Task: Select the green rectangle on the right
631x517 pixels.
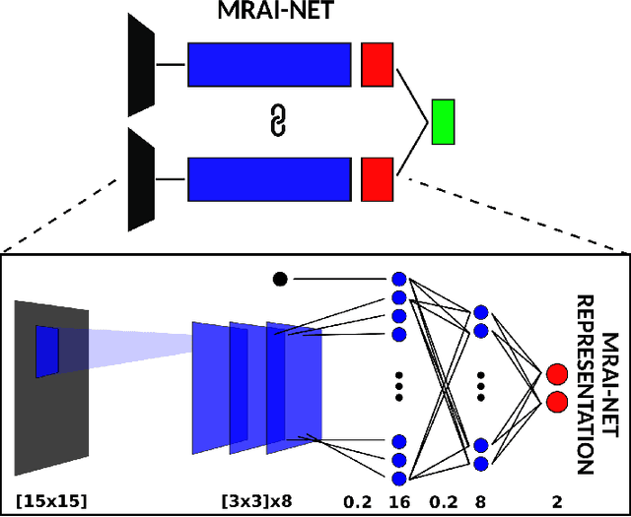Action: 443,122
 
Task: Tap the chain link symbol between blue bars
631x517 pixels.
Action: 277,122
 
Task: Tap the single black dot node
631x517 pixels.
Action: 280,280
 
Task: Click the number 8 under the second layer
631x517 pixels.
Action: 481,501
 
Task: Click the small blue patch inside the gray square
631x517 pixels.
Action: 47,351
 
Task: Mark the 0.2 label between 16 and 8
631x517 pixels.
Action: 441,501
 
